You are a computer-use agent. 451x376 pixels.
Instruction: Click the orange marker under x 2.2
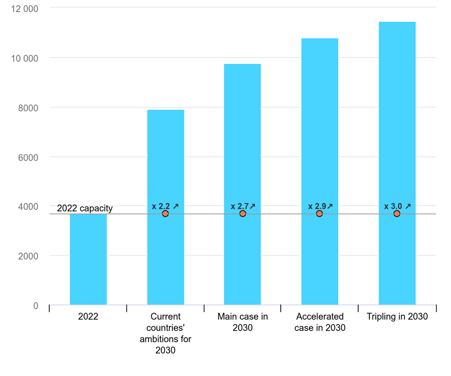165,213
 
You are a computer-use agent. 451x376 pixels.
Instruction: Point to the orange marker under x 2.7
243,213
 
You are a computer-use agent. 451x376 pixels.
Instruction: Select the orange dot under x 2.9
319,213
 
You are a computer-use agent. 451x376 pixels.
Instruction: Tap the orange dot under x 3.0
397,213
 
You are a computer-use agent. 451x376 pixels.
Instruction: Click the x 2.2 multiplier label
165,206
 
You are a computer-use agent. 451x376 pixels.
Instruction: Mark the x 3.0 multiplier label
397,206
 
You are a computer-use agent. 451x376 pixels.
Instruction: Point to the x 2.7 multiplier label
243,206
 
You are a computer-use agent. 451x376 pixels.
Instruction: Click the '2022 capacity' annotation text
85,208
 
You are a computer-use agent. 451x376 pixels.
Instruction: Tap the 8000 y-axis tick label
28,108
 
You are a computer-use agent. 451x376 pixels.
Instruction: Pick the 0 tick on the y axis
35,306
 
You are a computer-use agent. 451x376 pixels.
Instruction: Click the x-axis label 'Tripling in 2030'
397,317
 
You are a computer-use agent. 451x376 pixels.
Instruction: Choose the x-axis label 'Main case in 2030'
243,322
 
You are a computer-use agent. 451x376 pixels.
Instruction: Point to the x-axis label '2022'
88,317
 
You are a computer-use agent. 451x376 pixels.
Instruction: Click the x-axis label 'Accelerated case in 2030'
320,322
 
